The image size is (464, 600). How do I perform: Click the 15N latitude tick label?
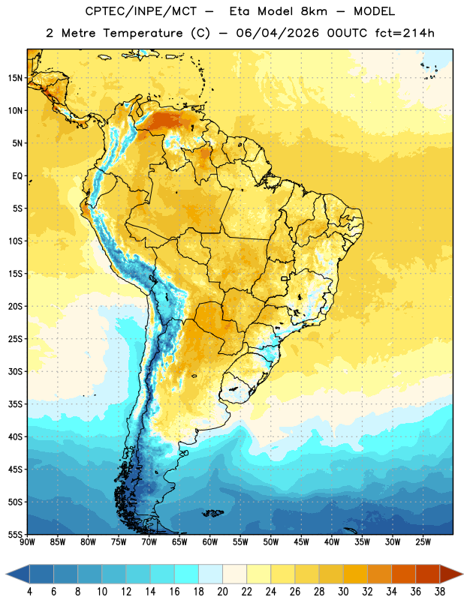tap(15, 78)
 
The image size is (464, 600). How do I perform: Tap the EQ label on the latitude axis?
tap(17, 176)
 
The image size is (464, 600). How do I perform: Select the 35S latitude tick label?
tap(15, 404)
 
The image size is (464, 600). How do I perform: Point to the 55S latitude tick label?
tap(15, 534)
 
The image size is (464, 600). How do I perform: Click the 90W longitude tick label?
tap(27, 542)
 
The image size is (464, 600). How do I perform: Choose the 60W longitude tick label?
tap(210, 542)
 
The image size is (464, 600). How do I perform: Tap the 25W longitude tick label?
tap(423, 542)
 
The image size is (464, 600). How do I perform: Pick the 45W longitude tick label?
tap(301, 542)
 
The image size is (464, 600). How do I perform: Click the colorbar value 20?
tap(222, 592)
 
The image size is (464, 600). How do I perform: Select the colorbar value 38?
tap(439, 592)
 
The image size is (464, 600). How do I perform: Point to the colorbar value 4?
tap(29, 592)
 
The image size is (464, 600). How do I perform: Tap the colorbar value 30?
tap(343, 592)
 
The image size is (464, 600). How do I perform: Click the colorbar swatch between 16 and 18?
tap(187, 574)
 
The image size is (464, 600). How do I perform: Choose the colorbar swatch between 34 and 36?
tap(403, 574)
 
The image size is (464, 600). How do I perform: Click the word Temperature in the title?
tap(143, 33)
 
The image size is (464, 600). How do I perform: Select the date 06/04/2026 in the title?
tap(277, 33)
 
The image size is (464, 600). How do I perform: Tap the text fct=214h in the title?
tap(405, 33)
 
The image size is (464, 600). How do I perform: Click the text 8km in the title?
tap(314, 11)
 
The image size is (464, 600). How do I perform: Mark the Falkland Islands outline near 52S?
tap(212, 513)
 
